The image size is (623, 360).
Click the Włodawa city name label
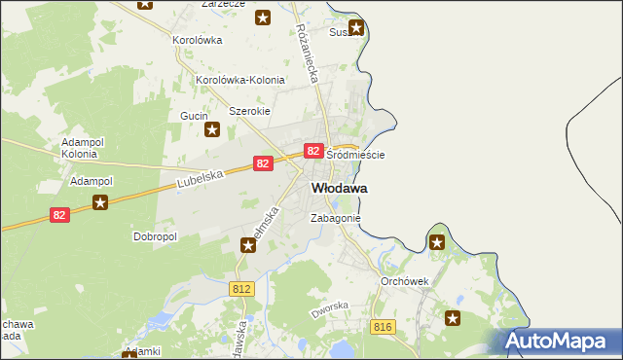tap(339, 187)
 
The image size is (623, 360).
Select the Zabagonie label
tap(336, 219)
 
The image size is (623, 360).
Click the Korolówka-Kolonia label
tap(240, 80)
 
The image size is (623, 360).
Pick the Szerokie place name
tap(248, 111)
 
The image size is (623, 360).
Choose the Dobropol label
tap(155, 236)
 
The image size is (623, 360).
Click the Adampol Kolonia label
tap(80, 148)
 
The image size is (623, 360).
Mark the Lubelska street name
tap(202, 180)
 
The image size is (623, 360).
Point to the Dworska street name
tap(329, 311)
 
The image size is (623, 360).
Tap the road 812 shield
tap(242, 289)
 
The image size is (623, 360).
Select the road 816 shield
tap(382, 328)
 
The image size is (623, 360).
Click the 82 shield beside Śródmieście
tap(312, 151)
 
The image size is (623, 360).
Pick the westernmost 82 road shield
tap(60, 215)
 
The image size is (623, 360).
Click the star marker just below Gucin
tap(211, 128)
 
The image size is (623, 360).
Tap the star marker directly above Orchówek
tap(437, 242)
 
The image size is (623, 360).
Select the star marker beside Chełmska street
tap(248, 245)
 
